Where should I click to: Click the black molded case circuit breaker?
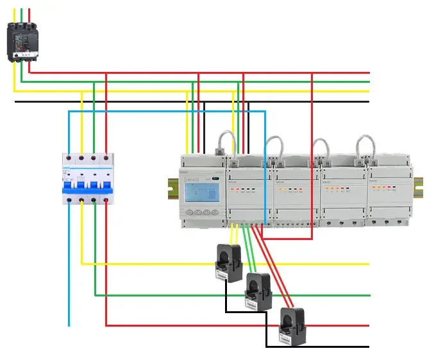click(x=21, y=41)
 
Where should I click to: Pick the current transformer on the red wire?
click(x=292, y=327)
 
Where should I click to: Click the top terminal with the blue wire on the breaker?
click(x=69, y=157)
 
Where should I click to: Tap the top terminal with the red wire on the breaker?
click(x=106, y=157)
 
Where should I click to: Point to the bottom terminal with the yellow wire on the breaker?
click(x=81, y=200)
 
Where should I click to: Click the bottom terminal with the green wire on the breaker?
click(x=94, y=200)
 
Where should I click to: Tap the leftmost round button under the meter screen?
click(x=189, y=212)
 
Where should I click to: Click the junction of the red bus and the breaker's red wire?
click(x=106, y=73)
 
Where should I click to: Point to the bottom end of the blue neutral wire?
click(x=69, y=324)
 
